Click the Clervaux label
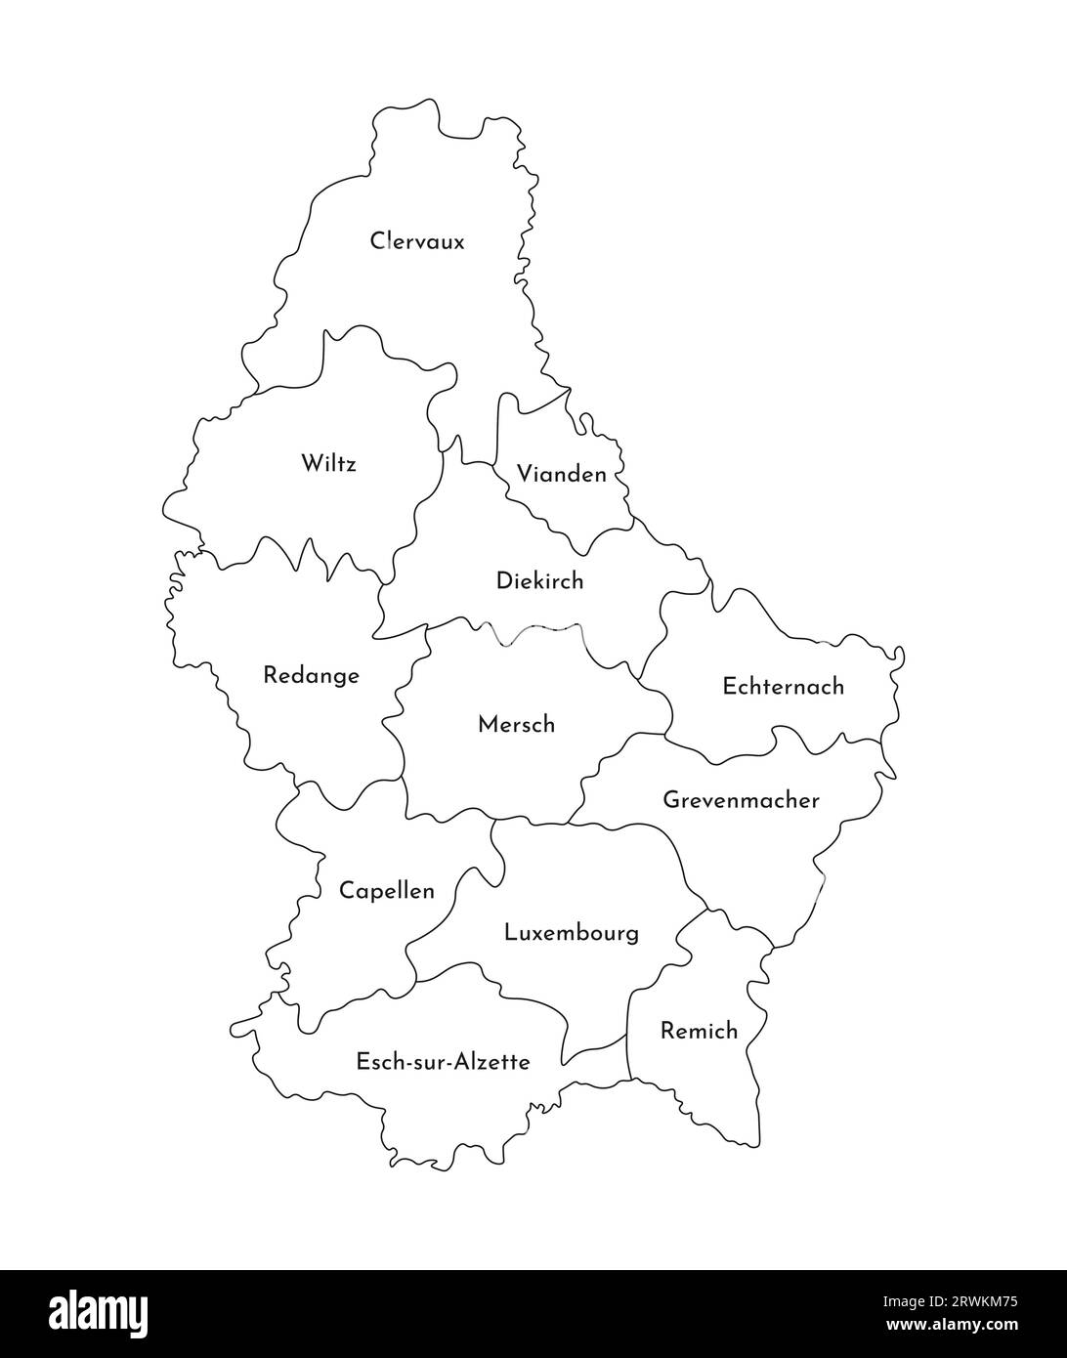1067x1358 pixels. click(x=417, y=240)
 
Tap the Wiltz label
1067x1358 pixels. click(x=328, y=462)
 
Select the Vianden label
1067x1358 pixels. click(x=561, y=475)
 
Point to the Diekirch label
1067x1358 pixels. click(x=539, y=580)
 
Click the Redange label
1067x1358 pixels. click(x=311, y=675)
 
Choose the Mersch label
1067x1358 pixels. click(x=516, y=724)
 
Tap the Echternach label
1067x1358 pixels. click(x=783, y=686)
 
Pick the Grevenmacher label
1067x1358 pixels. click(x=741, y=800)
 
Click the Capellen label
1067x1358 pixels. click(x=386, y=891)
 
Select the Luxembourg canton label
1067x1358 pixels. click(x=571, y=932)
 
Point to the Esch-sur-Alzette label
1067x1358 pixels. click(x=443, y=1061)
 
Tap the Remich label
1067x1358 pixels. click(x=699, y=1030)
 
